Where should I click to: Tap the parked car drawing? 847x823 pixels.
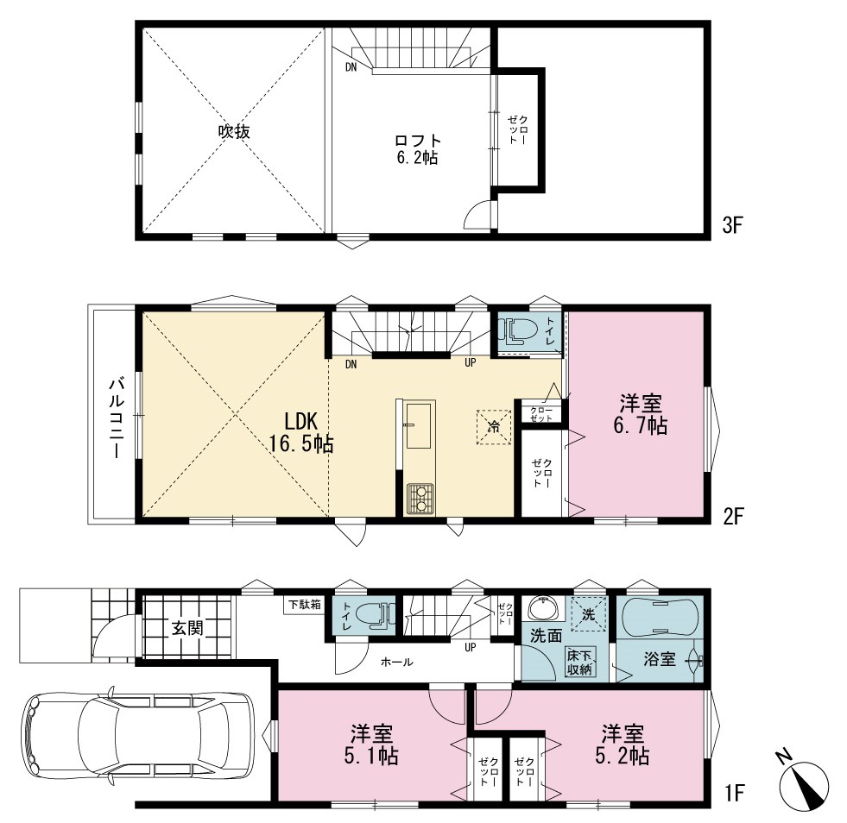coord(138,733)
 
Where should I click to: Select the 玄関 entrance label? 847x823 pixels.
coord(188,628)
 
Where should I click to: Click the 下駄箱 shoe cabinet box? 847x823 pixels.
coord(305,605)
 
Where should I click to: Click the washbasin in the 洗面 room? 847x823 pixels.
coord(545,609)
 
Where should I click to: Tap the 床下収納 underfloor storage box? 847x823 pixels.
coord(580,663)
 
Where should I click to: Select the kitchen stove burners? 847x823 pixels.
coord(420,498)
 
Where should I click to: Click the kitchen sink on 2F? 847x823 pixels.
coord(419,424)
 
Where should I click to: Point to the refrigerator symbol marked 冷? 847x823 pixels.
coord(494,427)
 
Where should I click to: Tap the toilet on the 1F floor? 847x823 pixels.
coord(375,615)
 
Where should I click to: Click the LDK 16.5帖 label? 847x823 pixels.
coord(301,431)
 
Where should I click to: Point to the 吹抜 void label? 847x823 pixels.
coord(234,131)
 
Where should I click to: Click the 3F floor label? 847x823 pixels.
coord(733,225)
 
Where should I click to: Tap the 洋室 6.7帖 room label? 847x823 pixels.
coord(641,414)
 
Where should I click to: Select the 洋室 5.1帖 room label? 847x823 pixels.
coord(371,744)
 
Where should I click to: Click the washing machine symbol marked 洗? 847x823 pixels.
coord(589,613)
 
